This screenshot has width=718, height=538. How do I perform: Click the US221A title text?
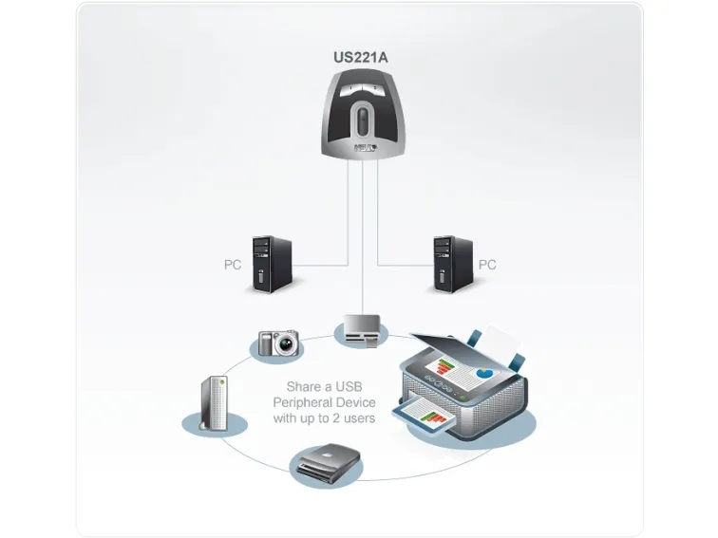(360, 58)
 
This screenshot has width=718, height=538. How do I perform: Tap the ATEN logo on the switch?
(366, 148)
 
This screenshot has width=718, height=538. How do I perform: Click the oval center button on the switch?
(362, 121)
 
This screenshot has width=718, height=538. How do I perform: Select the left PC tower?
(272, 264)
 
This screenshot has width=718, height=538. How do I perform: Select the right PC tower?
(453, 264)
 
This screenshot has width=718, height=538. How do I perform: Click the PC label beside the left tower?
(233, 265)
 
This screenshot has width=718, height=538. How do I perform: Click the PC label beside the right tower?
(487, 265)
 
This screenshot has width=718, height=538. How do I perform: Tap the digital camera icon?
(278, 343)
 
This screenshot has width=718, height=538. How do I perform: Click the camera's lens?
(287, 344)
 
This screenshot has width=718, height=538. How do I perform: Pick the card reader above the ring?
(362, 330)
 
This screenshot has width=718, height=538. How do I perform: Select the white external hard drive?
(215, 403)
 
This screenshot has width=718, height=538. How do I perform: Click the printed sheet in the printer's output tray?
(425, 413)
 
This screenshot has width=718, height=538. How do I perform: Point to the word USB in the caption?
(350, 387)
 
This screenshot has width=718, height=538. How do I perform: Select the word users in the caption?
(359, 418)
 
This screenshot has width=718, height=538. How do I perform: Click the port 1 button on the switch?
(351, 88)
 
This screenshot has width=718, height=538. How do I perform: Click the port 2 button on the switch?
(375, 89)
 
